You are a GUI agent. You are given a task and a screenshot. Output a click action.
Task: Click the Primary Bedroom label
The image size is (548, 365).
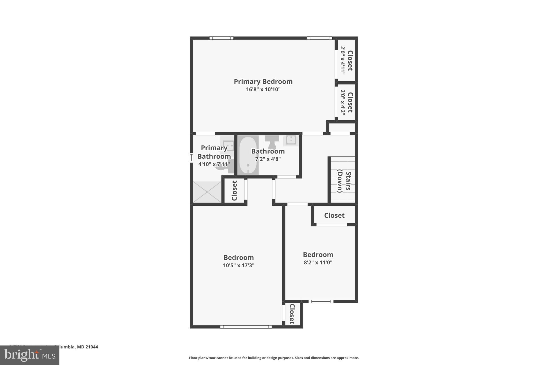click(263, 82)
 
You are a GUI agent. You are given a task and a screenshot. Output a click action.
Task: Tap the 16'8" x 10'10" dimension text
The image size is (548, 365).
click(263, 89)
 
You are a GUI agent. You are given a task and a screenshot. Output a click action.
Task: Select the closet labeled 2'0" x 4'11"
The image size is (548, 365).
click(346, 60)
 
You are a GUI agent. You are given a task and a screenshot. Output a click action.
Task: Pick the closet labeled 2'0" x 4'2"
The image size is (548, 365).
click(346, 102)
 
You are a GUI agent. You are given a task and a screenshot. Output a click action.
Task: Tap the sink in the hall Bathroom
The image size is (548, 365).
click(291, 140)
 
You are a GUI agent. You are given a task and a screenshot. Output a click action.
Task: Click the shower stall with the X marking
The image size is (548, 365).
click(207, 192)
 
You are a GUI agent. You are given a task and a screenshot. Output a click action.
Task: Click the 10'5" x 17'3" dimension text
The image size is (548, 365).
click(238, 266)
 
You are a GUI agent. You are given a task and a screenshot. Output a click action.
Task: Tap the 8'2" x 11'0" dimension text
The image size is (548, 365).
click(318, 263)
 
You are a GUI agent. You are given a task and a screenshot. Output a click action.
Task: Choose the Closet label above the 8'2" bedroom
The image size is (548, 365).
click(334, 216)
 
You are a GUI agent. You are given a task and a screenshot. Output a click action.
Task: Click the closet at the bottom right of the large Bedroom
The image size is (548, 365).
click(292, 314)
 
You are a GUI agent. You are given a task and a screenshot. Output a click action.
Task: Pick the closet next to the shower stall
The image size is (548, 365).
click(234, 190)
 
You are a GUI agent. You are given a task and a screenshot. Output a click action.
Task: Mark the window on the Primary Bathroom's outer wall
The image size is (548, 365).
click(191, 157)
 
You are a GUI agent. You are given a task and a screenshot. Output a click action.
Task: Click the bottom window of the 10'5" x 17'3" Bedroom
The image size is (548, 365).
click(246, 327)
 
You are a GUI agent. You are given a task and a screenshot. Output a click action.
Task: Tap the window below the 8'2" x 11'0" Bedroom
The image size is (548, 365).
click(321, 301)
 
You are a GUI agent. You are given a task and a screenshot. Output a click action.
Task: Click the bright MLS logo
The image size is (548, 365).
click(29, 355)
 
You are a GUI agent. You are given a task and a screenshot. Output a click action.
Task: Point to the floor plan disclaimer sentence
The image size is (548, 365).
click(274, 358)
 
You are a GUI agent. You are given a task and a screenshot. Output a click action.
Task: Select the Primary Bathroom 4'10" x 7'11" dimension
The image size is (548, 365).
click(214, 164)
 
